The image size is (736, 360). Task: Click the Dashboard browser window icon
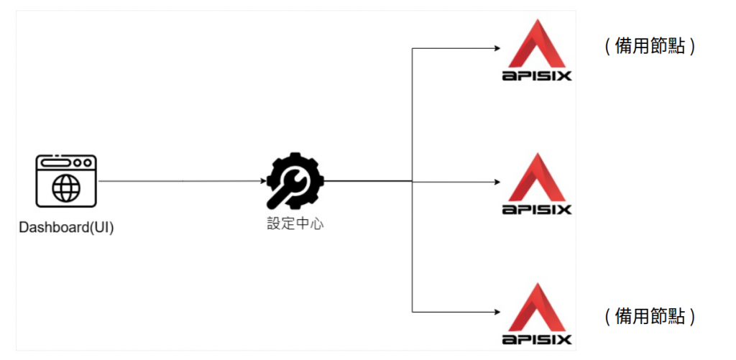click(66, 180)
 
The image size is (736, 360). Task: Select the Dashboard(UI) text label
click(66, 228)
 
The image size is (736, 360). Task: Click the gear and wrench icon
click(295, 180)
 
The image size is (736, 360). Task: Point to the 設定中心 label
click(295, 223)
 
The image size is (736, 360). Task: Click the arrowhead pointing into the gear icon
click(261, 181)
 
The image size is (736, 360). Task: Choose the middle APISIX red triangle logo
click(537, 177)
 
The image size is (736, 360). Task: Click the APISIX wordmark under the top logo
click(537, 75)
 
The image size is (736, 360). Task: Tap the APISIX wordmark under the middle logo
click(537, 209)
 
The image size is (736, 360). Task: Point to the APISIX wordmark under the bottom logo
click(537, 339)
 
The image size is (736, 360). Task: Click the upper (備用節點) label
click(650, 47)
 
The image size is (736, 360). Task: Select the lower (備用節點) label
click(650, 316)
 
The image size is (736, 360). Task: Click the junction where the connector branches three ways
click(413, 181)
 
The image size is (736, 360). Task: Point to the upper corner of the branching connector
click(413, 49)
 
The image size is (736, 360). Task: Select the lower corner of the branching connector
click(413, 312)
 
